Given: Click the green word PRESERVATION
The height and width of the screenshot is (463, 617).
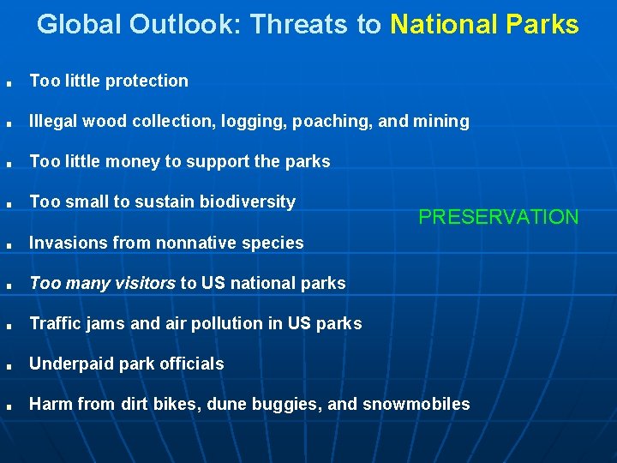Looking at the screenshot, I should point(498,217).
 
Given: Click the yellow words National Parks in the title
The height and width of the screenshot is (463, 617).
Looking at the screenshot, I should point(484,25).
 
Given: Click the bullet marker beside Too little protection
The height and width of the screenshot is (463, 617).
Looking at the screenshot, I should point(8,84).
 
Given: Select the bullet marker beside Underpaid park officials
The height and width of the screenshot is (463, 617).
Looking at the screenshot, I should point(8,367).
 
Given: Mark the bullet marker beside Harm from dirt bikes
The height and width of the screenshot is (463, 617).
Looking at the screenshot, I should point(8,407).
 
